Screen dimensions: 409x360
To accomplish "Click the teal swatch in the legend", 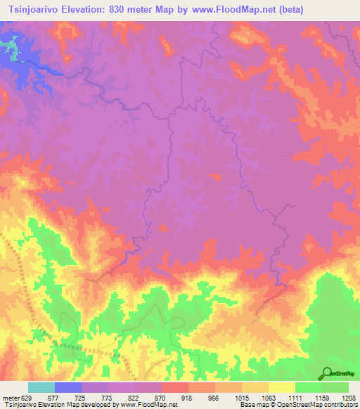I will coord(41,387).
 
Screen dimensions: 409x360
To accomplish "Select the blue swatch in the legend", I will coord(68,387).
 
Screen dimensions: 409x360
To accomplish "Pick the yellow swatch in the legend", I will coord(282,387).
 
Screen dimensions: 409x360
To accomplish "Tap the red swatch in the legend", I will coord(175,387).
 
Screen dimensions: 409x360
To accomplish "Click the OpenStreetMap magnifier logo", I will coord(327,373).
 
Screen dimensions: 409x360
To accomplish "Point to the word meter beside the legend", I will coord(9,397).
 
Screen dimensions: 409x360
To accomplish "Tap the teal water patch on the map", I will coord(10,49).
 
